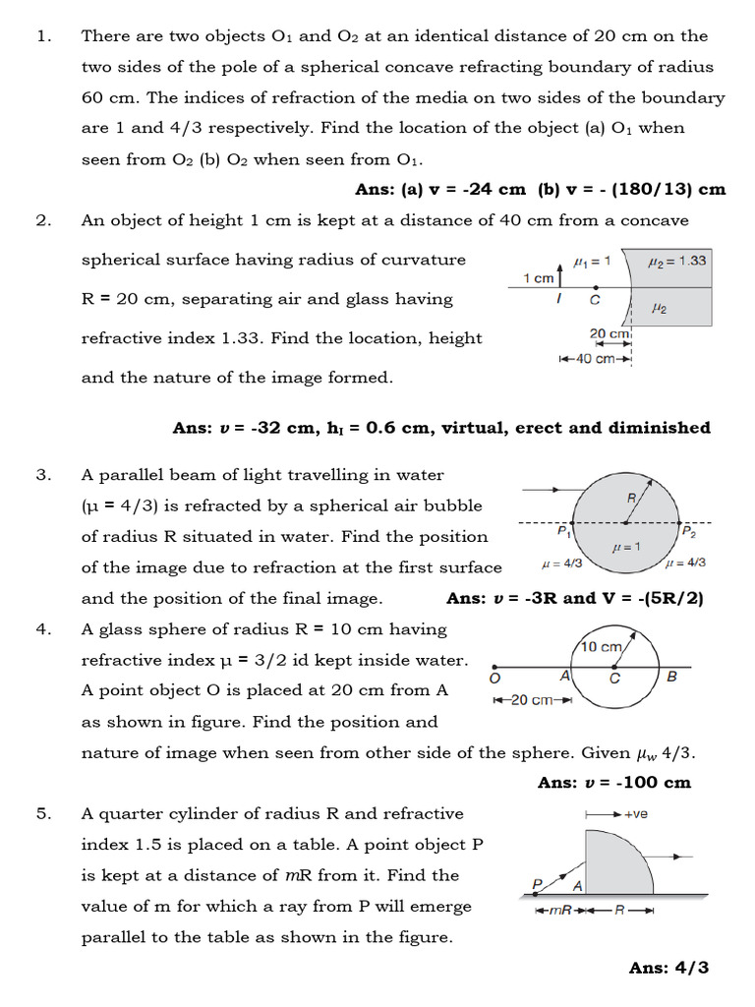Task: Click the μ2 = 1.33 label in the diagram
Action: coord(677,261)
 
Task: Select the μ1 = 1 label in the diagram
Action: coord(592,261)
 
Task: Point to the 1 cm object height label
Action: coord(538,277)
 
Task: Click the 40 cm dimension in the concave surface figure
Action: coord(596,359)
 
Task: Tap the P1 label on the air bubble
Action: coord(563,532)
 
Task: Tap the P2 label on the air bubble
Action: coord(689,532)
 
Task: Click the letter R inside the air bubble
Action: coord(632,499)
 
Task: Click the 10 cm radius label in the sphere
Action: coord(601,646)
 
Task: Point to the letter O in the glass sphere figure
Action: coord(494,679)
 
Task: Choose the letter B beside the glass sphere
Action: coord(671,677)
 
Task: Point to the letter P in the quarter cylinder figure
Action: coord(537,883)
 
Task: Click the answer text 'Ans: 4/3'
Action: coord(668,968)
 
